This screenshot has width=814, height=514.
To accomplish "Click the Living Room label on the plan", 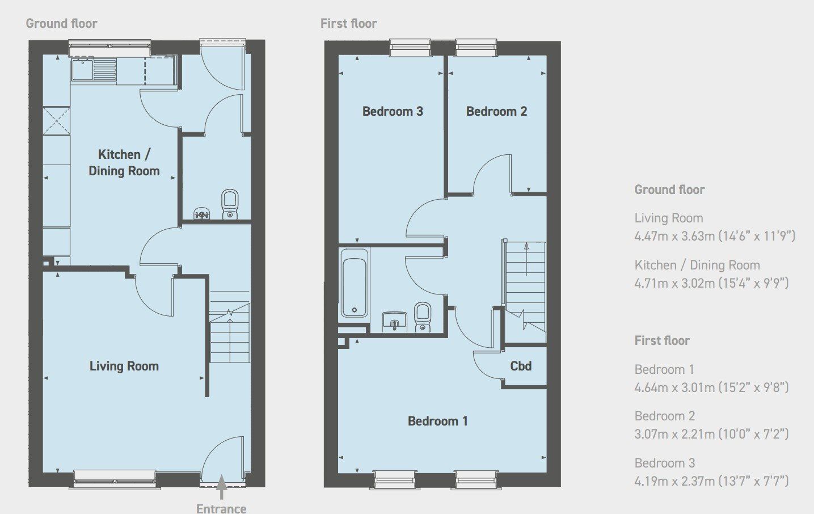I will coord(124,366).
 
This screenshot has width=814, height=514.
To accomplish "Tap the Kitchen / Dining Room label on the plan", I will coord(124,162).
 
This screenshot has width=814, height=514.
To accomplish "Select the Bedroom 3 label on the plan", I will coord(393,111).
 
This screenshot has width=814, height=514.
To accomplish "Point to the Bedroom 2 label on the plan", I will coord(496,111).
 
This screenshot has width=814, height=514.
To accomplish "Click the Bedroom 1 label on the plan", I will coord(437,421).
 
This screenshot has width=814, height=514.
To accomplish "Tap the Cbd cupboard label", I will coord(521,366).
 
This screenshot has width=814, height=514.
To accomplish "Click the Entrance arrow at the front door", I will coord(221,487).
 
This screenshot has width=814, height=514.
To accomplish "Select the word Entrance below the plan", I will coord(221,508).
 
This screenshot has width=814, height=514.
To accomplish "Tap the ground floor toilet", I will coord(230,204).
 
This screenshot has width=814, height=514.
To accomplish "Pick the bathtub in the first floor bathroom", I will coord(355,287).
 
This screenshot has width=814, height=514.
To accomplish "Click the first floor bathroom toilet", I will coord(422,317).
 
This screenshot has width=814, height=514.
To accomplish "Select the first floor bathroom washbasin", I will coord(395,321).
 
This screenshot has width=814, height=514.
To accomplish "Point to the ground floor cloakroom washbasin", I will coord(201,213).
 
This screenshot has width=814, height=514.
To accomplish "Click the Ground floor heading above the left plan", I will coord(61,23).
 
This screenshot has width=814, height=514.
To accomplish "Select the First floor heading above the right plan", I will coord(348,23).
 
